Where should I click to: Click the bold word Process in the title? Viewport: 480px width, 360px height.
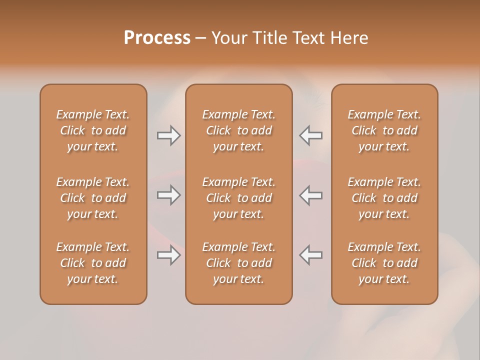157,38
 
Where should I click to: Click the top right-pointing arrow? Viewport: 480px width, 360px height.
168,135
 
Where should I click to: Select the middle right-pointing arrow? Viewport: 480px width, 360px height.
168,195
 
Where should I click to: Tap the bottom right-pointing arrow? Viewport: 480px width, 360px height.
168,255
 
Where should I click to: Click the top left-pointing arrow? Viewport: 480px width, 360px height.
311,135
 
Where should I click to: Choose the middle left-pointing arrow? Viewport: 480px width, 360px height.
311,195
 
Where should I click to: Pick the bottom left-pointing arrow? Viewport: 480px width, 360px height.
311,255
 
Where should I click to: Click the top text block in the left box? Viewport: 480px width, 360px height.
93,130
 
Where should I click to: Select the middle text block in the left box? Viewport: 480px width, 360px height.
93,198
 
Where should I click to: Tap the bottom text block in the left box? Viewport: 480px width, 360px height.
93,263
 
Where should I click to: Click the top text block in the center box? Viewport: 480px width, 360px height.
238,130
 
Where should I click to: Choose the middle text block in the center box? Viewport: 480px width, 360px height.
238,198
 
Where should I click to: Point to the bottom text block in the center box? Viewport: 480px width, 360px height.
238,263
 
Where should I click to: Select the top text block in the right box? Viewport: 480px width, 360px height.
384,130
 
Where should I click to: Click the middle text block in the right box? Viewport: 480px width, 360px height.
384,198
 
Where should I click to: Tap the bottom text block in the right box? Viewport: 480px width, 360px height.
384,263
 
